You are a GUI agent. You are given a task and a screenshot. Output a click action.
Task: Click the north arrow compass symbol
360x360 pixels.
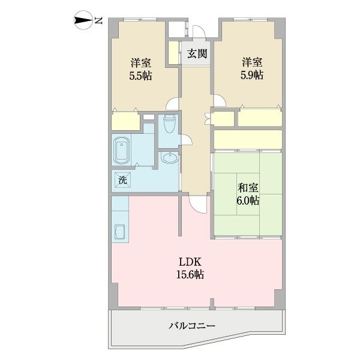coord(83,21)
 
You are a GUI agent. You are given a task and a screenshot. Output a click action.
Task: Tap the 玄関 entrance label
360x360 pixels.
coord(197,53)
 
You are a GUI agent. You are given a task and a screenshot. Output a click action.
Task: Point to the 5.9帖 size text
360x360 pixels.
coord(251,75)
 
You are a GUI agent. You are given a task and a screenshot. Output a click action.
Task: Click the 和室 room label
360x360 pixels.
coord(247,187)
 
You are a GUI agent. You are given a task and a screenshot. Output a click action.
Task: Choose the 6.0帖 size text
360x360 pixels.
coord(247,200)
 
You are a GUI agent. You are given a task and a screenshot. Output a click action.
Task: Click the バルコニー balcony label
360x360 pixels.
coord(192,326)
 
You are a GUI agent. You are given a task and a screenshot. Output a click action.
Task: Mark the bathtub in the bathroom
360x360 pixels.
coord(122,150)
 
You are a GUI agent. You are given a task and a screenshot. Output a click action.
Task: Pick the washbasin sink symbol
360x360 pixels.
coord(169,158)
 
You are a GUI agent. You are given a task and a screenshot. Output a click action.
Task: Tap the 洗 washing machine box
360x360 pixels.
coord(122,179)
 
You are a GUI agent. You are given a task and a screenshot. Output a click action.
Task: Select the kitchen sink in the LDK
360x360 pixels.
coord(120,232)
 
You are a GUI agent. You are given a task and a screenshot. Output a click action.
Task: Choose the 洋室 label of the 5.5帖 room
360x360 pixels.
coord(141,62)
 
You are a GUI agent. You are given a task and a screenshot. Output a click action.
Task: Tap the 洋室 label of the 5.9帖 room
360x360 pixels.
coord(251,62)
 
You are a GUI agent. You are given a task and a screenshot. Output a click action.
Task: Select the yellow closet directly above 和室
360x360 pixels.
coord(248,139)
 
